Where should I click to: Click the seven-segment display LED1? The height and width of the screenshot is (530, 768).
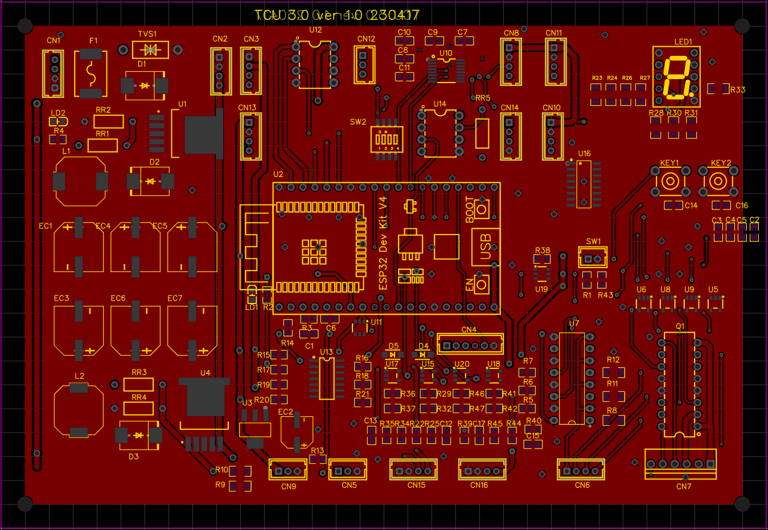[x=676, y=76]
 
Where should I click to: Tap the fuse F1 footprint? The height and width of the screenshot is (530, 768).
[x=91, y=73]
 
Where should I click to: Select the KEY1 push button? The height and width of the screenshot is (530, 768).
[x=670, y=182]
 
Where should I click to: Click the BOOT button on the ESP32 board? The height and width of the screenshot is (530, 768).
[x=482, y=208]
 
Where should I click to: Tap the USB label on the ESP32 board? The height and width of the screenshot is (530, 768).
[x=486, y=247]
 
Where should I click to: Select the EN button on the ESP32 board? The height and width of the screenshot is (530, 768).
[x=482, y=283]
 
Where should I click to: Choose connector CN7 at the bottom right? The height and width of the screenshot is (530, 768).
[x=680, y=464]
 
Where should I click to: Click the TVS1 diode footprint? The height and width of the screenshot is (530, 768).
[x=150, y=50]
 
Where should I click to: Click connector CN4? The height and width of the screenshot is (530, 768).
[x=470, y=345]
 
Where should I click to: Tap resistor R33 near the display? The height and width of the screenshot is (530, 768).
[x=718, y=89]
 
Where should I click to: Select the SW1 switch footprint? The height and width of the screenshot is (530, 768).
[x=593, y=258]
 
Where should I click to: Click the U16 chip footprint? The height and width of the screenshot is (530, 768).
[x=584, y=184]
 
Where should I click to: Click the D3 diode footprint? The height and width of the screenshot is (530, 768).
[x=138, y=435]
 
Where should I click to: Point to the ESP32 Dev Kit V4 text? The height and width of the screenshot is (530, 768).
[x=383, y=243]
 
